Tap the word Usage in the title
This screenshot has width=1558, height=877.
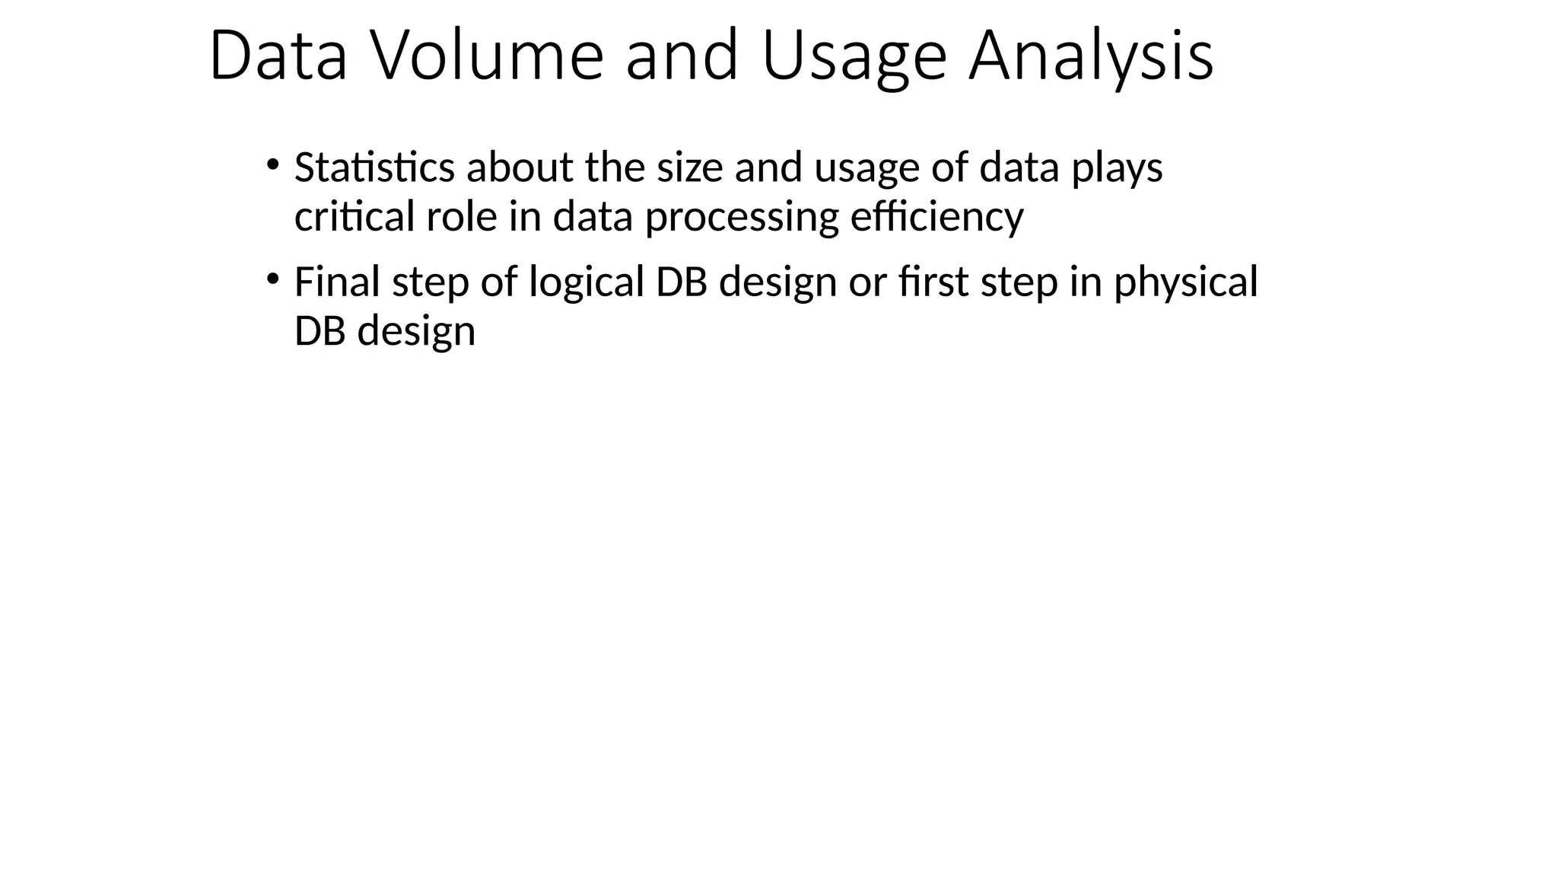tap(854, 56)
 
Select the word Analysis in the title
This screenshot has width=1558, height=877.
tap(1091, 56)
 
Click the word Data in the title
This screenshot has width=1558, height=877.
tap(278, 56)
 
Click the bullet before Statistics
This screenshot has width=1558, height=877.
tap(272, 164)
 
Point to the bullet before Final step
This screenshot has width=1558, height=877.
tap(272, 279)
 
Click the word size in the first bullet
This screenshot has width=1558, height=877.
tap(689, 167)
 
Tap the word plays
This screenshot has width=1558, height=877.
tap(1117, 169)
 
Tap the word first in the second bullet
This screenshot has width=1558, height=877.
tap(933, 282)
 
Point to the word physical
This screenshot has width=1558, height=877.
tap(1185, 283)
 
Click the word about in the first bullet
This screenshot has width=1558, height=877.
tap(519, 167)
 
